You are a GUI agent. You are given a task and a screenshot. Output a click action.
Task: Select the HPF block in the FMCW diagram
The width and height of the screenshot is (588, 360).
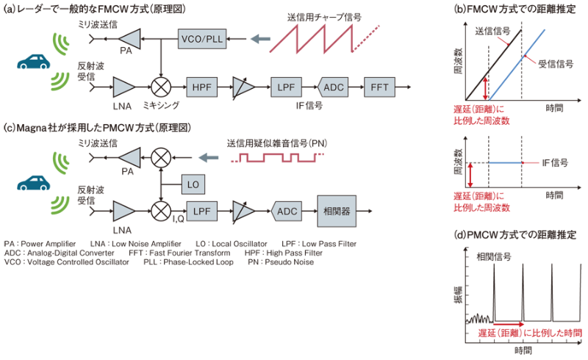(201, 86)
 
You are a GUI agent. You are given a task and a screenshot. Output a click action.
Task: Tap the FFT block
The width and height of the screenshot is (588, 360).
(379, 86)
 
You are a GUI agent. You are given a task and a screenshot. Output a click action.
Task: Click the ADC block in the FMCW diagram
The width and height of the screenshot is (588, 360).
(333, 86)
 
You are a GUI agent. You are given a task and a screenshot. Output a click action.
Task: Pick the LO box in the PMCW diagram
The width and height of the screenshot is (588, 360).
(194, 181)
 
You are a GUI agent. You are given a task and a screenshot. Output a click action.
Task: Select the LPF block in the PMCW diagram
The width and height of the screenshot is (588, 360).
(201, 211)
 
